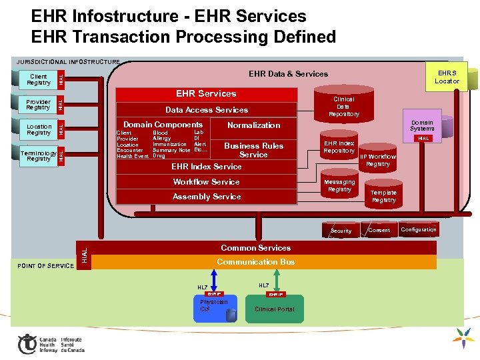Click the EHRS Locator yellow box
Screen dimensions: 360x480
(x=447, y=77)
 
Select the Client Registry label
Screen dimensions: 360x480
(x=39, y=79)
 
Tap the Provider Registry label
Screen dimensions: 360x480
(x=38, y=105)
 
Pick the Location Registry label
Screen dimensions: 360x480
(x=39, y=129)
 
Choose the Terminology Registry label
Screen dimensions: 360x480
(x=39, y=155)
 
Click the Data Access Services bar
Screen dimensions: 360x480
(x=207, y=110)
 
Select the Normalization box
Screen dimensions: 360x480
(x=253, y=125)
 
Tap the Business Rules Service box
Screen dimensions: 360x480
(x=253, y=150)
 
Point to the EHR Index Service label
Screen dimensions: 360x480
(x=206, y=167)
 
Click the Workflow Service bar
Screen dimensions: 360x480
(x=206, y=182)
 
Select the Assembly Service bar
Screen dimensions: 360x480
(x=206, y=197)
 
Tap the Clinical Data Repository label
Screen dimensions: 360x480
(x=343, y=107)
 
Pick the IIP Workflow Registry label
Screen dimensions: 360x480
(x=378, y=160)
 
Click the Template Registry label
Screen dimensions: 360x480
(x=383, y=196)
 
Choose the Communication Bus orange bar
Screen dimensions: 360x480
(x=256, y=262)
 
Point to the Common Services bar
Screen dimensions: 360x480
(x=256, y=248)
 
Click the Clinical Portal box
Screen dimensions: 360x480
(x=274, y=309)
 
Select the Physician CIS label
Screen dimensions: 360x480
(x=214, y=305)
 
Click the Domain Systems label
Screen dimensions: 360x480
(x=422, y=125)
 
